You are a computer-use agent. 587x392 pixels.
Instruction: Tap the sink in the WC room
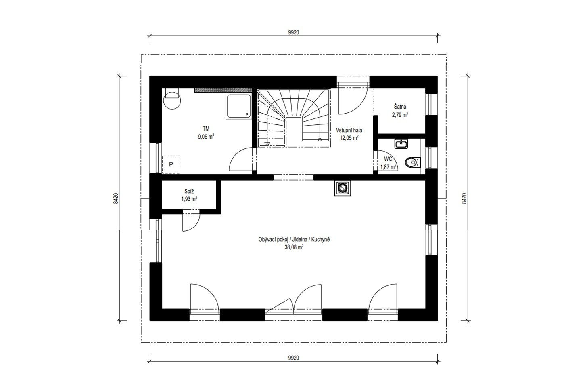click(401, 144)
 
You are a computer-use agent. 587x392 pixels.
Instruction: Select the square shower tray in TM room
click(238, 106)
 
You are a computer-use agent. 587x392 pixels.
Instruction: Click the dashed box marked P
click(171, 164)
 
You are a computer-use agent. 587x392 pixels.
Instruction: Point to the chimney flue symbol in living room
click(342, 188)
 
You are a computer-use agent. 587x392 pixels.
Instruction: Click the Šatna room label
click(400, 107)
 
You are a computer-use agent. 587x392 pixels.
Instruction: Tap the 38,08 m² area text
click(294, 247)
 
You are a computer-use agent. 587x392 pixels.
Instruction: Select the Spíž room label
click(189, 192)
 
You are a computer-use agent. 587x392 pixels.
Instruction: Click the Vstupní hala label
click(349, 130)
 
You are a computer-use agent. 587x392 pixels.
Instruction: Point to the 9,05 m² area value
click(206, 137)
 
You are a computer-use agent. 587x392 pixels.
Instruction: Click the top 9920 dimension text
click(294, 33)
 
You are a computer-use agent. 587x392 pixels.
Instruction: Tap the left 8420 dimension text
click(116, 198)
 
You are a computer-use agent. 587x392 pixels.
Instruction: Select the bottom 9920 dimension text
click(294, 358)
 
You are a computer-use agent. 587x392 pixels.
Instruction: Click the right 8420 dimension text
click(464, 198)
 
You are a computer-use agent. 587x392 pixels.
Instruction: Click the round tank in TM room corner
click(172, 101)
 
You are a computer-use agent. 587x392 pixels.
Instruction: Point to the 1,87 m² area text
click(388, 167)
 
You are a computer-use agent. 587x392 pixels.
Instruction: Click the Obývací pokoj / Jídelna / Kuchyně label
click(294, 240)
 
